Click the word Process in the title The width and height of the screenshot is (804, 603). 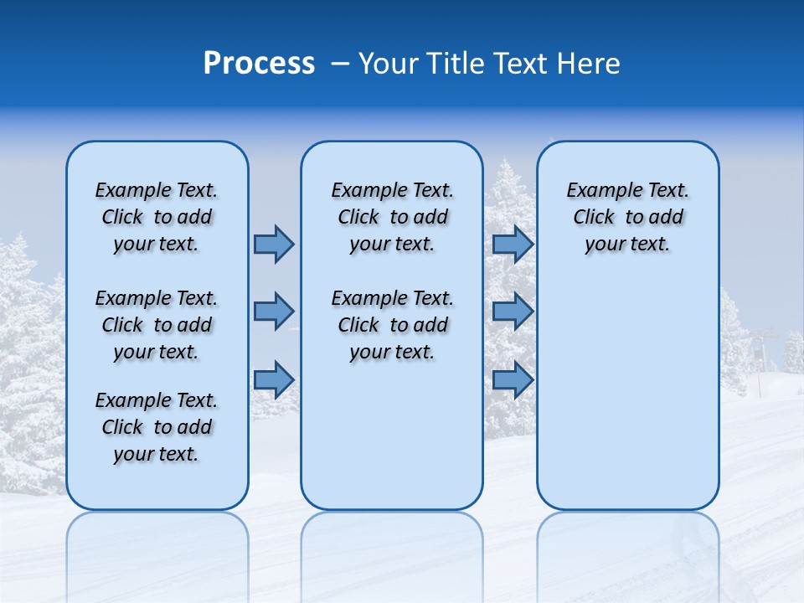(259, 64)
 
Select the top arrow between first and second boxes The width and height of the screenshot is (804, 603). (274, 244)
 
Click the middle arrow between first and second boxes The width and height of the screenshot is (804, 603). (274, 312)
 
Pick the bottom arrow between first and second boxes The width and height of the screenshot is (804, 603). (274, 379)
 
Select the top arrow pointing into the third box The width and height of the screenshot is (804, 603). (513, 244)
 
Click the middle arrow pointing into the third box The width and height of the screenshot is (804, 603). (513, 312)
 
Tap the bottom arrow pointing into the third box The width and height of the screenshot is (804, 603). (513, 379)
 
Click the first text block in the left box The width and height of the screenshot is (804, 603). (157, 217)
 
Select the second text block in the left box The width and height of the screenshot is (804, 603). (157, 325)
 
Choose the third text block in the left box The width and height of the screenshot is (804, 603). (157, 427)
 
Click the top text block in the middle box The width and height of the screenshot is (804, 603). (392, 217)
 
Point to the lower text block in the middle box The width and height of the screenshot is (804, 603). (392, 325)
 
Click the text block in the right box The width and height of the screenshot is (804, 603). (628, 217)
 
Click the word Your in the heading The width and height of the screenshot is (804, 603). (388, 64)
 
